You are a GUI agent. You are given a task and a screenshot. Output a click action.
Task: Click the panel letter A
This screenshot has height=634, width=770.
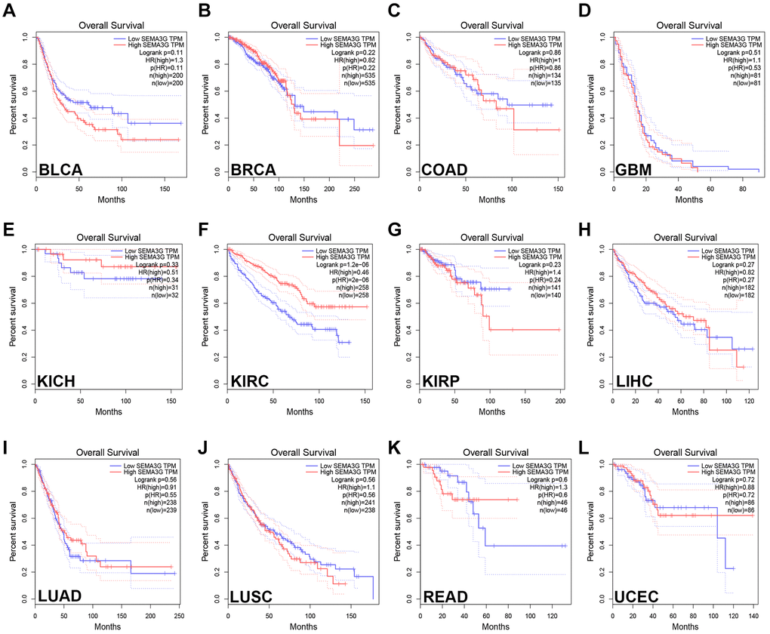tap(9, 11)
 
